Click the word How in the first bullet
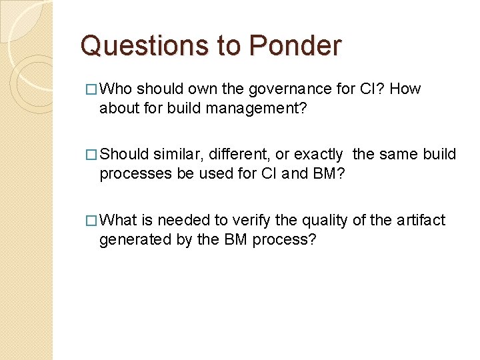coord(405,89)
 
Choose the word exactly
coord(318,155)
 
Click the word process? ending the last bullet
coord(283,239)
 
